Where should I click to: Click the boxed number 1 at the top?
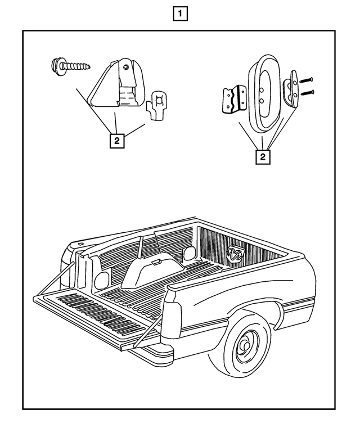point(179,13)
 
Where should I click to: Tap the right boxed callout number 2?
point(262,157)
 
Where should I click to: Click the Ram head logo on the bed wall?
point(235,254)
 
